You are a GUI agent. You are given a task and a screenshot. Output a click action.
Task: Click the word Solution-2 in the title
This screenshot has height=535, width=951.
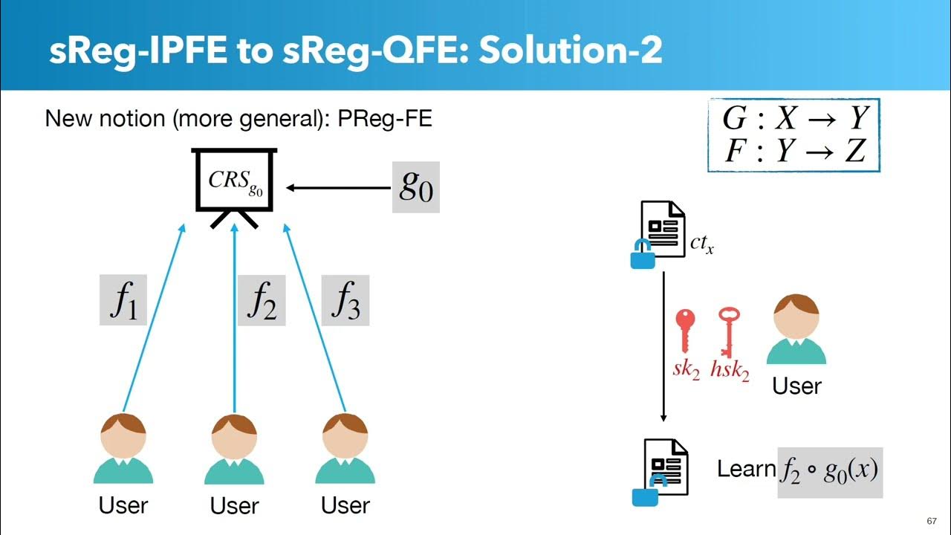pyautogui.click(x=571, y=50)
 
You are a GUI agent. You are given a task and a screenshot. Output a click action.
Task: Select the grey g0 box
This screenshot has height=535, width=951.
pyautogui.click(x=415, y=187)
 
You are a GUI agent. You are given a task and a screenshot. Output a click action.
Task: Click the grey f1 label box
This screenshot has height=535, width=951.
pyautogui.click(x=123, y=299)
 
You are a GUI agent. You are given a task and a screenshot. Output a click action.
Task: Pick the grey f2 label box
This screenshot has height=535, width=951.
pyautogui.click(x=262, y=300)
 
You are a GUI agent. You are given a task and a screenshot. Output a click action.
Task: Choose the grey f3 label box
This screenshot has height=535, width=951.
pyautogui.click(x=345, y=300)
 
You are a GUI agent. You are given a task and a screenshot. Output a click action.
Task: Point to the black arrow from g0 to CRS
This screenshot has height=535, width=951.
pyautogui.click(x=338, y=188)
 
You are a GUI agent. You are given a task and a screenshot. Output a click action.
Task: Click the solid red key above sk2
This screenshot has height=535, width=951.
pyautogui.click(x=685, y=331)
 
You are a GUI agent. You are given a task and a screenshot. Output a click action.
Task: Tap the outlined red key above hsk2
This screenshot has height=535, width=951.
pyautogui.click(x=729, y=332)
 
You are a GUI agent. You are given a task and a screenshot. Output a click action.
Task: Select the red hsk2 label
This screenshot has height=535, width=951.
pyautogui.click(x=730, y=370)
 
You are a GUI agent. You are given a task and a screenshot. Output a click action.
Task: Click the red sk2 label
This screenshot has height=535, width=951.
pyautogui.click(x=686, y=369)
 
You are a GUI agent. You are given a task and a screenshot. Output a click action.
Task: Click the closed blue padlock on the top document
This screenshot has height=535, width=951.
pyautogui.click(x=643, y=254)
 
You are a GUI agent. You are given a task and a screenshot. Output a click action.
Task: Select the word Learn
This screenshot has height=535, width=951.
pyautogui.click(x=747, y=469)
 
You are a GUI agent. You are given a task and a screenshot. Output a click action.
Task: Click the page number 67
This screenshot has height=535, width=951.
pyautogui.click(x=932, y=521)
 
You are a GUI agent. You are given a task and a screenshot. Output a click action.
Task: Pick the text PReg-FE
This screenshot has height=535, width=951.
pyautogui.click(x=385, y=118)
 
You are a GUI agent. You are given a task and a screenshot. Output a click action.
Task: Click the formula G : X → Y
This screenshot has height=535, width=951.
pyautogui.click(x=795, y=117)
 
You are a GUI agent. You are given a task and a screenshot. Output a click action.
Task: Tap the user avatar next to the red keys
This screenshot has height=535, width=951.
pyautogui.click(x=796, y=329)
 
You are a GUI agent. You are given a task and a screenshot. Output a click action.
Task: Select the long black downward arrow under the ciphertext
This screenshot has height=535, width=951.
pyautogui.click(x=663, y=346)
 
